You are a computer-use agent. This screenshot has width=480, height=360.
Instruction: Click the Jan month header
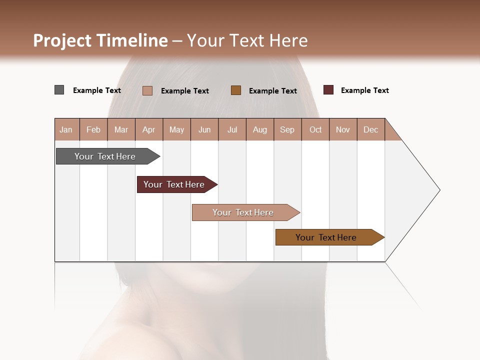[66, 129]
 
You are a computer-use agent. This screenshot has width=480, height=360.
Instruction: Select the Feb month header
[93, 129]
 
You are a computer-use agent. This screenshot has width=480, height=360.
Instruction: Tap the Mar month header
[121, 129]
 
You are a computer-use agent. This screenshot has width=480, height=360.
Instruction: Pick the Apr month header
[148, 129]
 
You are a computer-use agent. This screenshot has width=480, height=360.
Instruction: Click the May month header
[176, 129]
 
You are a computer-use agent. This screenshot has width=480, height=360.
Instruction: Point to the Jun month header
[204, 129]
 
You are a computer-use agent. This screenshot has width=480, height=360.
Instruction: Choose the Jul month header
[232, 129]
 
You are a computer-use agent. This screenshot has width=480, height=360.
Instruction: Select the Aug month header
[259, 129]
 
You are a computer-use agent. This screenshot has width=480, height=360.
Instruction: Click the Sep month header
[287, 129]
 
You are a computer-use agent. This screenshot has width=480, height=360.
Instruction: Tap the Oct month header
[315, 129]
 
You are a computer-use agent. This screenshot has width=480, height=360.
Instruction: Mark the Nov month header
[343, 129]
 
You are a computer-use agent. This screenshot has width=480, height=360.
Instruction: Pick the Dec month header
[370, 129]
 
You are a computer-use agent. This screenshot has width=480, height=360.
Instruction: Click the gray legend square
[59, 90]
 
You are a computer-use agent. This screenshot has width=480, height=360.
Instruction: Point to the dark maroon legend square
[328, 90]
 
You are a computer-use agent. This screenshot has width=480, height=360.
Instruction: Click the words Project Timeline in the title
[100, 40]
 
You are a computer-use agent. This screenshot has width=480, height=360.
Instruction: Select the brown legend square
[236, 90]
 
